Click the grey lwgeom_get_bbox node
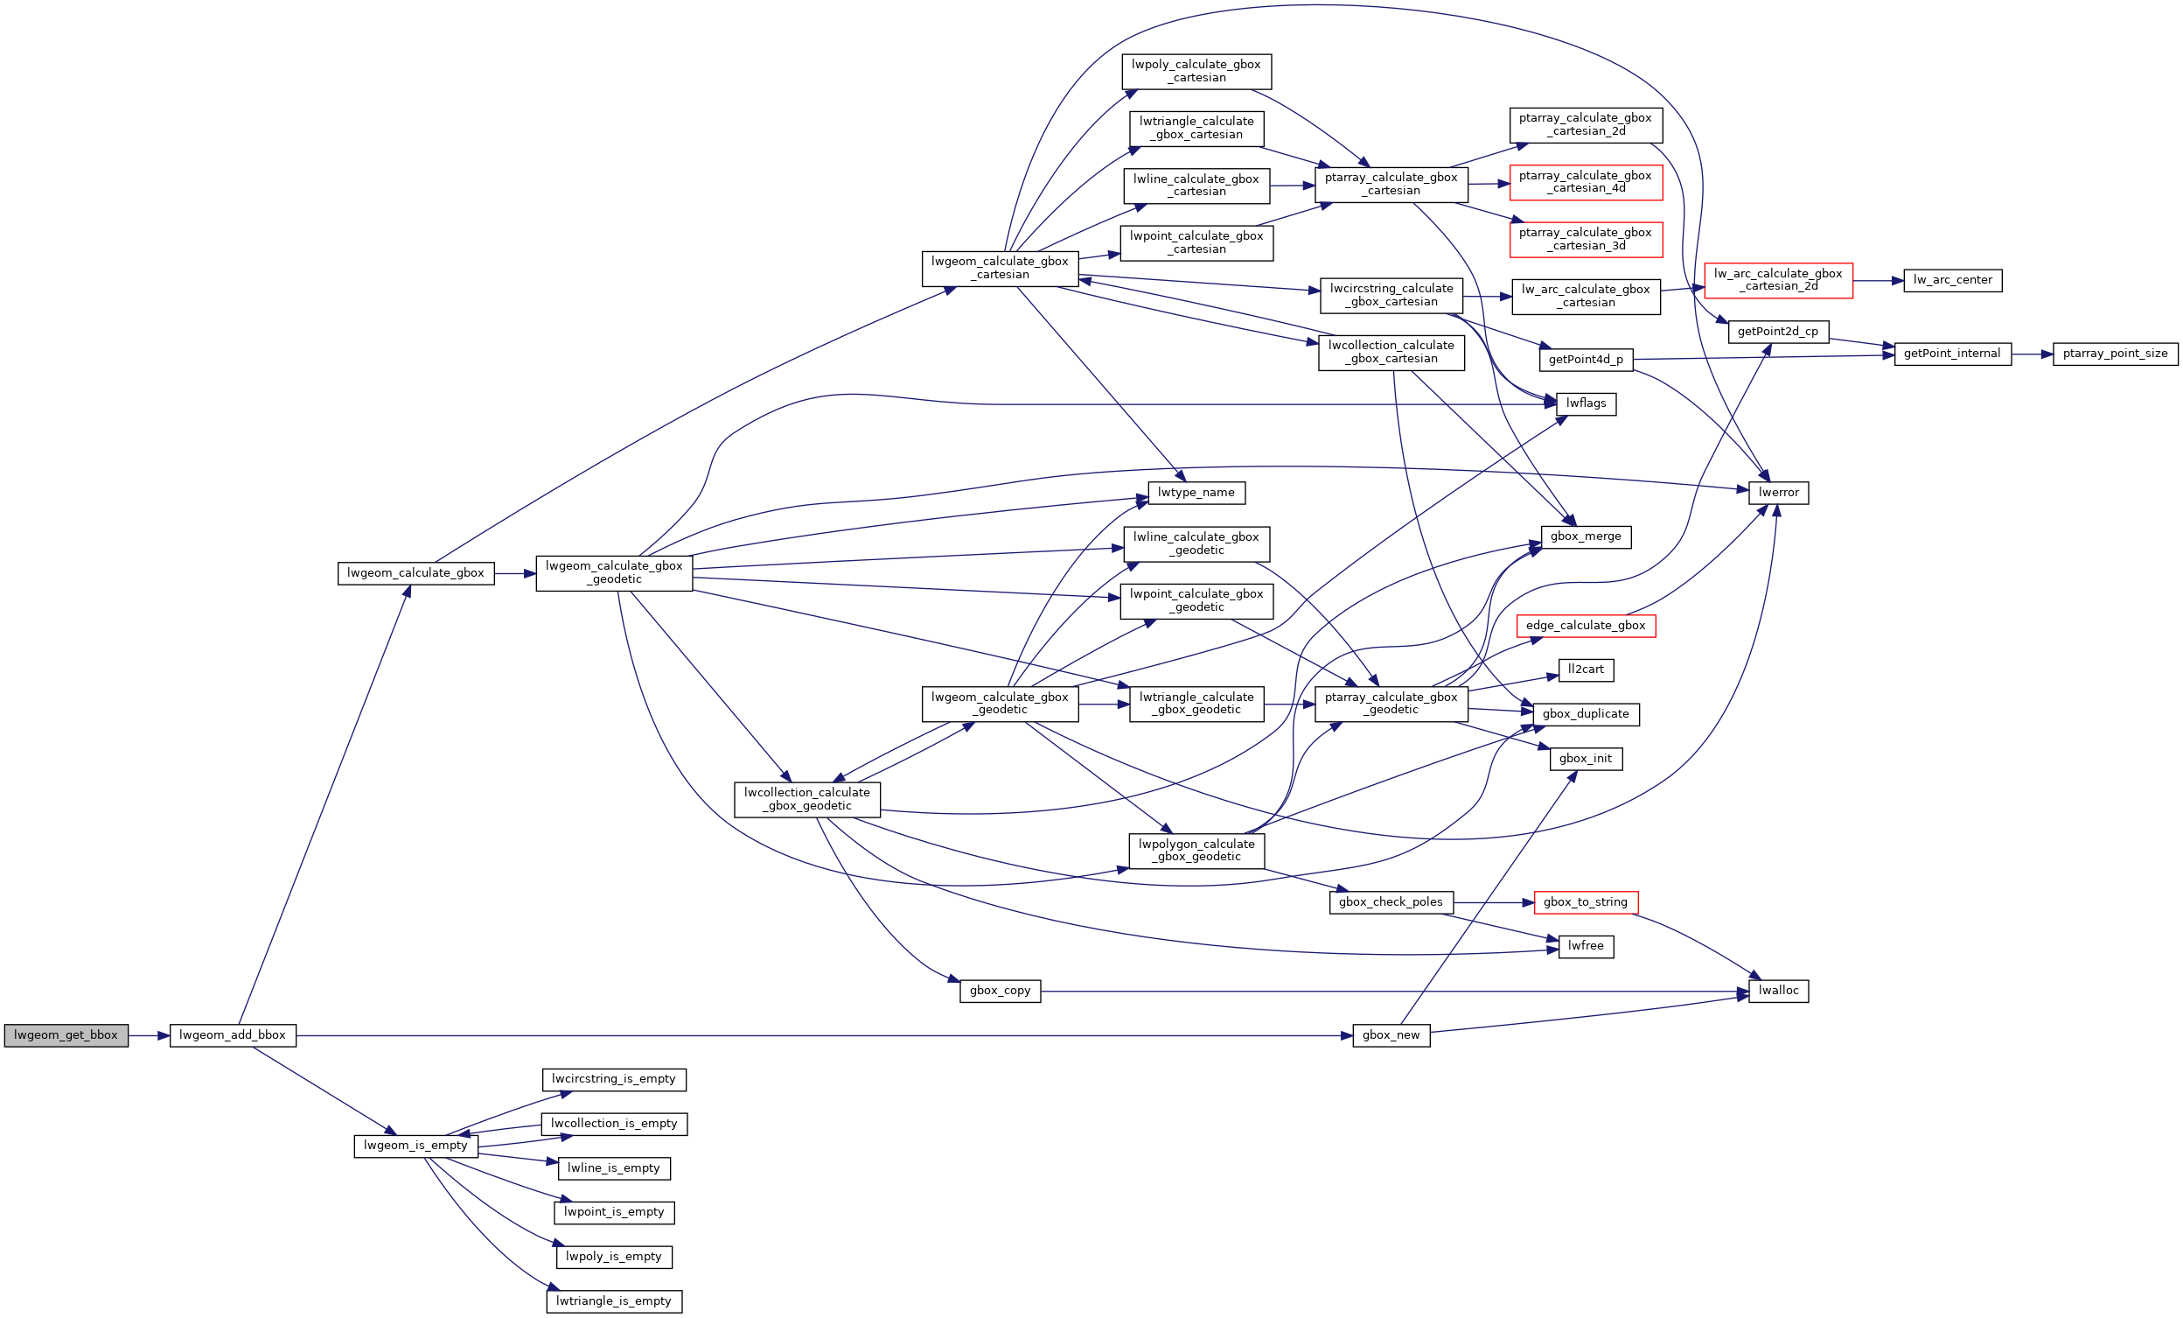tap(66, 1035)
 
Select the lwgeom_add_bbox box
tap(232, 1035)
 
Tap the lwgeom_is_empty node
tap(415, 1146)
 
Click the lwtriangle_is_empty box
tap(614, 1301)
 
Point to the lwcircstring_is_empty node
tap(614, 1080)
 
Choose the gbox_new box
tap(1391, 1035)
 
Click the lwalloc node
tap(1778, 991)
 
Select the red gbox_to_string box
tap(1586, 902)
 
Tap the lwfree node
tap(1586, 947)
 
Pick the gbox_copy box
tap(1001, 991)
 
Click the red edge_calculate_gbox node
tap(1586, 626)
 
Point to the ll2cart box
tap(1586, 670)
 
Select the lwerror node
tap(1778, 493)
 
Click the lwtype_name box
tap(1196, 493)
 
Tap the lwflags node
tap(1586, 403)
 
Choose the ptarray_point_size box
tap(2115, 354)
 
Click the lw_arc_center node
tap(1953, 280)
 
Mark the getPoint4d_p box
tap(1586, 360)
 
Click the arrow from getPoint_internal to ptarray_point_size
tap(2033, 354)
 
